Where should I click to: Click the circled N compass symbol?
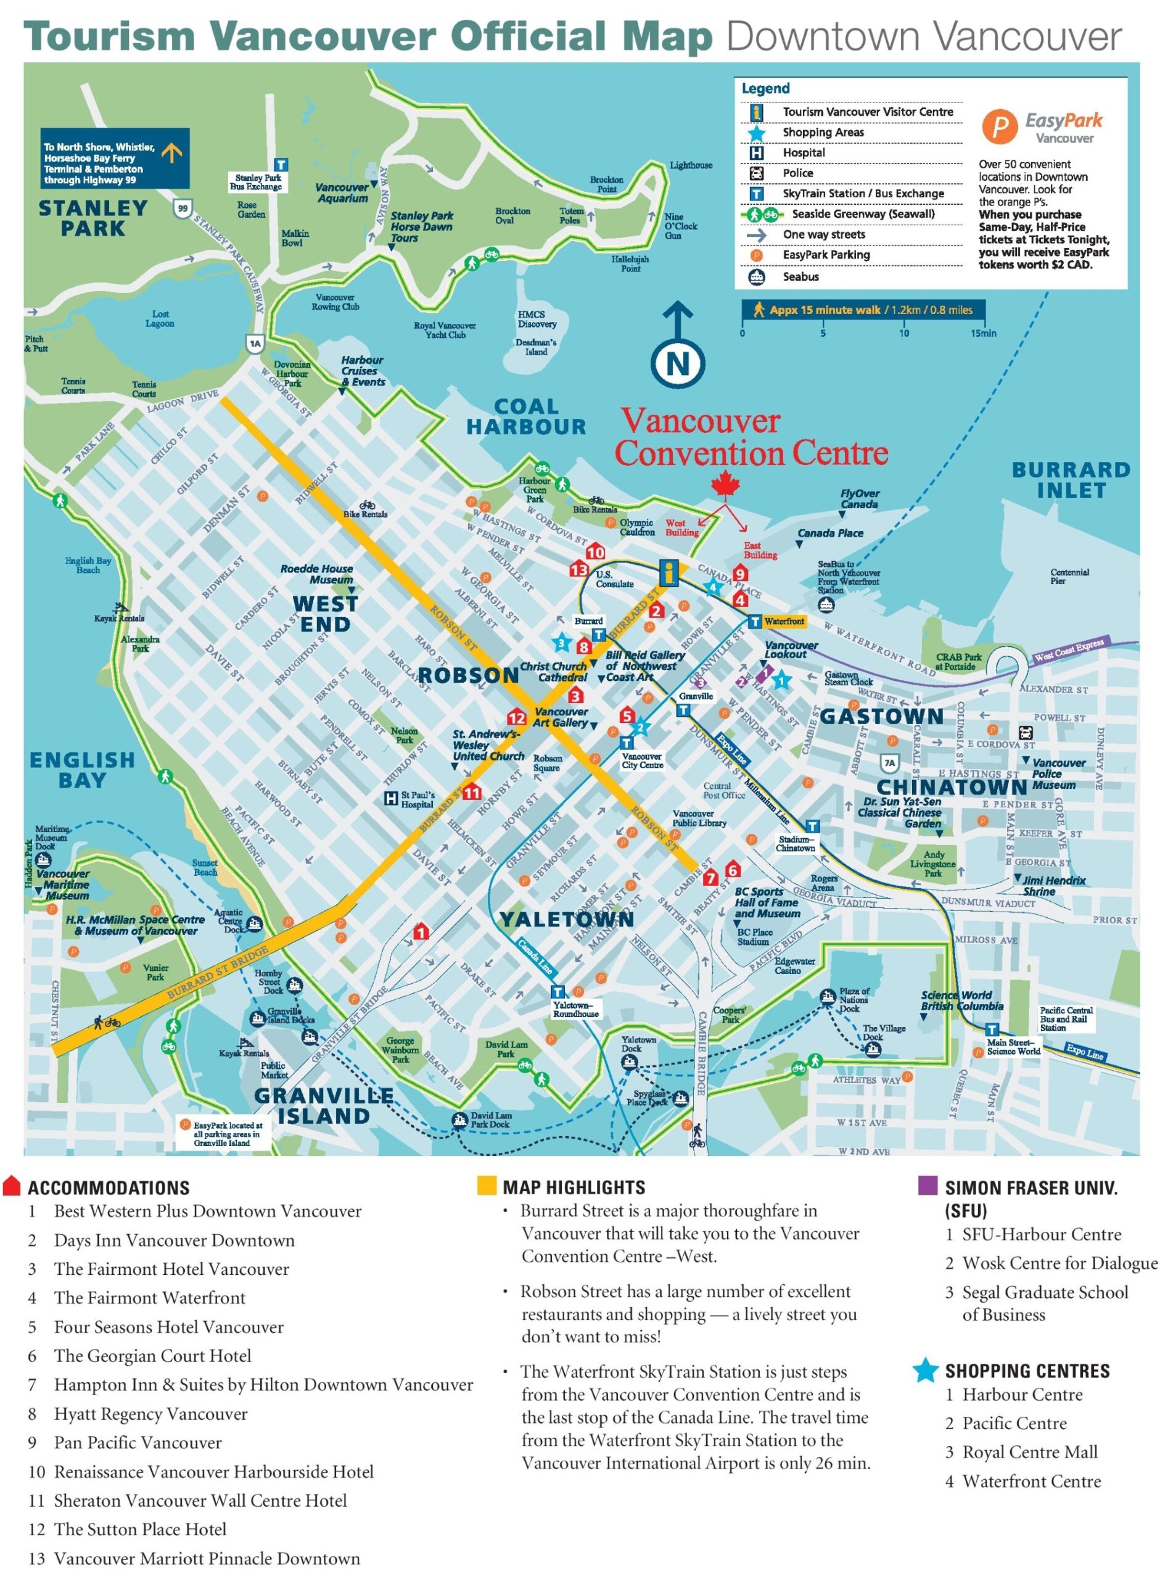[x=677, y=364]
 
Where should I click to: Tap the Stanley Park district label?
[x=93, y=218]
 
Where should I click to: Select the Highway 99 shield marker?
[x=183, y=208]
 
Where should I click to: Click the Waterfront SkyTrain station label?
[x=784, y=621]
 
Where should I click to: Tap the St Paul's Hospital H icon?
[x=390, y=798]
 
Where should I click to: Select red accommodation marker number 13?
[x=578, y=569]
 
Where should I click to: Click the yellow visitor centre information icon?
[x=669, y=572]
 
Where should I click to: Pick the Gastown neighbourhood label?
[x=881, y=716]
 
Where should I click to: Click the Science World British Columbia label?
[x=961, y=1001]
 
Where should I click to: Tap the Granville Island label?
[x=324, y=1106]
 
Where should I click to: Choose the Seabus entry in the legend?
[x=800, y=276]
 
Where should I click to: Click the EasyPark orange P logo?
[x=999, y=127]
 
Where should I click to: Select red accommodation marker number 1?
[x=421, y=933]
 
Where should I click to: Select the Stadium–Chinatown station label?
[x=795, y=843]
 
